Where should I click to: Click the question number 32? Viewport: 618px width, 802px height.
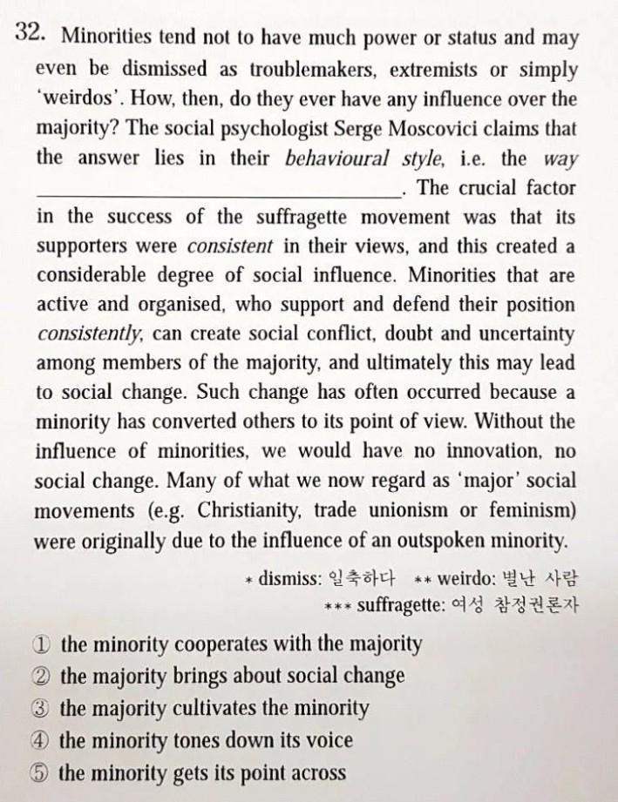tap(30, 34)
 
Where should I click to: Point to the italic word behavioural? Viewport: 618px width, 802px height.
tap(334, 158)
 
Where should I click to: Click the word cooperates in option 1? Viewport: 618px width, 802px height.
tap(218, 645)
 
